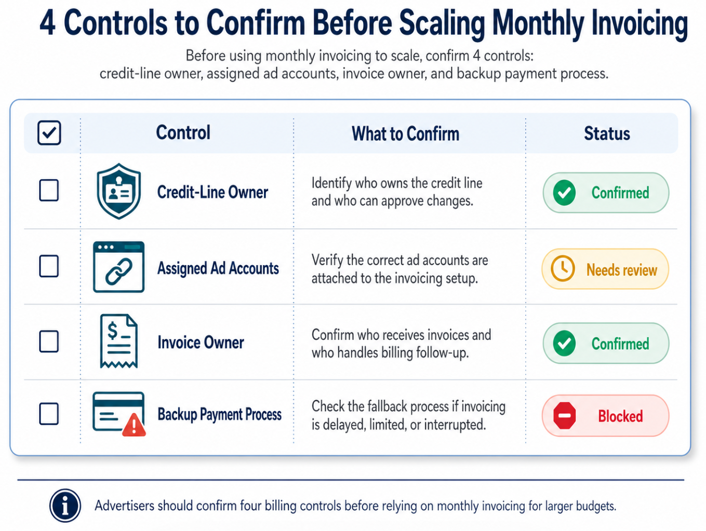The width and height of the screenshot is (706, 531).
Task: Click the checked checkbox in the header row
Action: (49, 133)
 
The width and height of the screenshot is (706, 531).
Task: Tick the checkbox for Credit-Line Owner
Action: (49, 190)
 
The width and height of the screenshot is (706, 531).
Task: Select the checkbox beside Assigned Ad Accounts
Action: (49, 266)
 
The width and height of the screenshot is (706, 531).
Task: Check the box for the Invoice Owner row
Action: (49, 342)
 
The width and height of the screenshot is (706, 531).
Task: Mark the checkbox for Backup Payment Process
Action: (49, 414)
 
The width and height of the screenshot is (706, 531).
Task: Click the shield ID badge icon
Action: (119, 191)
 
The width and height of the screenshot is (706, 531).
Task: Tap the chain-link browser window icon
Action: (119, 267)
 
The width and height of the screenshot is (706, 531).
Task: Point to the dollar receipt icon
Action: (119, 342)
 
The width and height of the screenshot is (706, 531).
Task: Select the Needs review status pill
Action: (605, 269)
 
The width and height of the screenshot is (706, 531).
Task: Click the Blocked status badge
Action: (605, 416)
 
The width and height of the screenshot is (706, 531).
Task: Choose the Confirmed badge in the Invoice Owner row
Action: (606, 343)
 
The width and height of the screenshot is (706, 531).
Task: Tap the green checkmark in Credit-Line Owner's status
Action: (564, 193)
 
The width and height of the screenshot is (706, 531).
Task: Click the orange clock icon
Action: (563, 269)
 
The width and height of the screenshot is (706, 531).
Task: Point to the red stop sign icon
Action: (564, 416)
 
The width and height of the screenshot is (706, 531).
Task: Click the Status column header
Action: (607, 133)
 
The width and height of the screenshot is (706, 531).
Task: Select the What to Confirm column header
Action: (405, 134)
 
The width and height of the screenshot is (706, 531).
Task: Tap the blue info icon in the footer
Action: (65, 505)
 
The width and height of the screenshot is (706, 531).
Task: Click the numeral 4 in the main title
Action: (47, 24)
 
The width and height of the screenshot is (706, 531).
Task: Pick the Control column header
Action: (183, 133)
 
